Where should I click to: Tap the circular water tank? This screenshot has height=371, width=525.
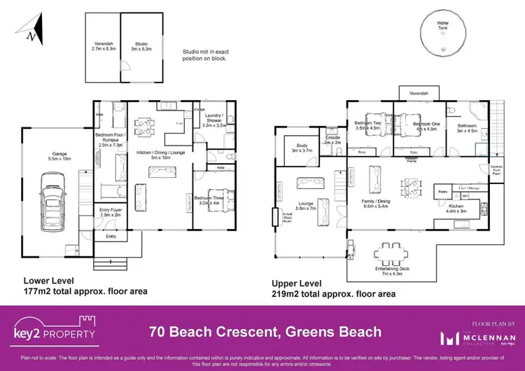pos(442,33)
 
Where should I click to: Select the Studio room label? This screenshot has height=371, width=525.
pos(141,46)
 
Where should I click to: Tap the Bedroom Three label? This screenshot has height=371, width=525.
pos(211,200)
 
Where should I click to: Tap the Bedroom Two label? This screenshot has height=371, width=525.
pos(367,125)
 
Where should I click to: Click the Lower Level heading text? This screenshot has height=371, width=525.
pos(49,280)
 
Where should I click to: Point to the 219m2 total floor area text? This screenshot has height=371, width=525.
pos(333,295)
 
